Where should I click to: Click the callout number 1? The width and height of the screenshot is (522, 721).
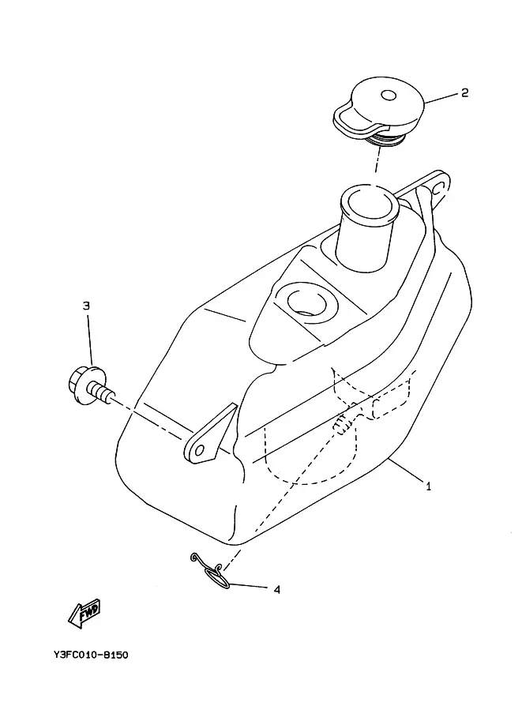point(428,486)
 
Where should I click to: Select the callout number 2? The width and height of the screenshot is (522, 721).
point(464,92)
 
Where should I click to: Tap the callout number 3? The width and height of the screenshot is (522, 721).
point(86,306)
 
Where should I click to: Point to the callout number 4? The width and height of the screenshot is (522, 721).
point(276,589)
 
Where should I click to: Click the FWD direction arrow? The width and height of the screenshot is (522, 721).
point(84,613)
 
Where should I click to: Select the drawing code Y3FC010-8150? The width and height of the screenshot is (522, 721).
point(91,655)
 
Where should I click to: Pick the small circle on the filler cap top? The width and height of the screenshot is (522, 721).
point(389,96)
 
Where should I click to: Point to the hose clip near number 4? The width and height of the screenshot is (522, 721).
point(212,572)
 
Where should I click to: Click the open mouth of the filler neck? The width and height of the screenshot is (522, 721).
point(368,204)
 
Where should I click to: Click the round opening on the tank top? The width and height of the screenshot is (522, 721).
point(306,303)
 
